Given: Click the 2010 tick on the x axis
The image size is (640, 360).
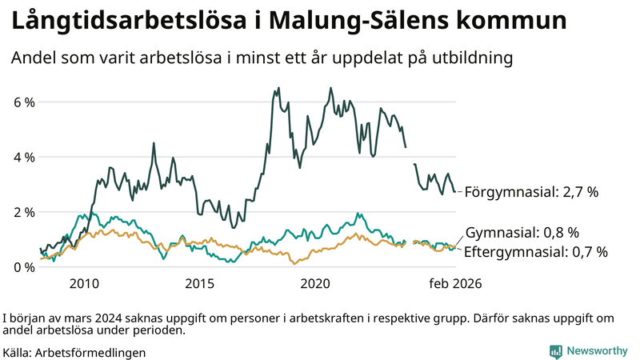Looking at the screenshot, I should tap(84, 283).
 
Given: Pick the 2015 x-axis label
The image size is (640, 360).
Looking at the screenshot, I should tap(200, 283).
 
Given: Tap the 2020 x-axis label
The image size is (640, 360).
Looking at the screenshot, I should tap(316, 283).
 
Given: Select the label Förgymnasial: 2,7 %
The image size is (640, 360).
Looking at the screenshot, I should tap(531, 192).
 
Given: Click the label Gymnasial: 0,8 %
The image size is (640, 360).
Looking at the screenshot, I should tap(522, 233).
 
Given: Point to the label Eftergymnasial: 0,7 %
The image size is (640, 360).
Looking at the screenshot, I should tap(536, 252).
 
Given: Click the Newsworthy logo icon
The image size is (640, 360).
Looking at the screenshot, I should tap(555, 351).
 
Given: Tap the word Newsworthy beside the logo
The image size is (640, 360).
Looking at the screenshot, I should tap(597, 351).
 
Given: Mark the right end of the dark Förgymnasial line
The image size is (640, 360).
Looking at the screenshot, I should tap(455, 191).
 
